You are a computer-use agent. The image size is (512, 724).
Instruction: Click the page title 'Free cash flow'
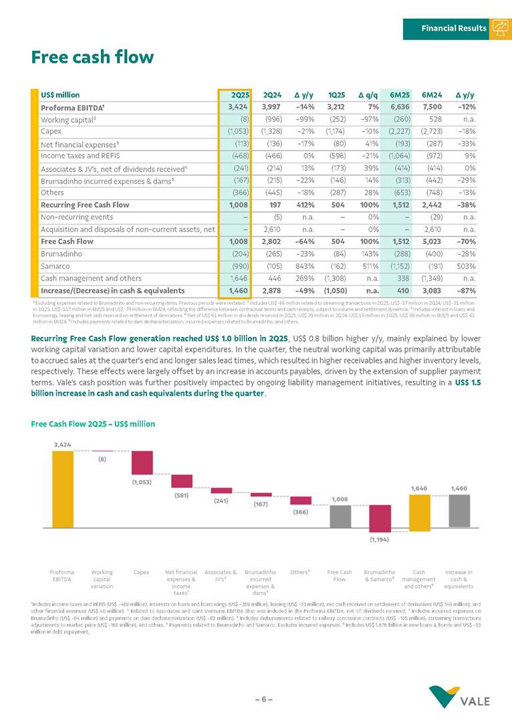(92, 57)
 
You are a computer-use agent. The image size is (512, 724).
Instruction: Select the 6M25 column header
(400, 95)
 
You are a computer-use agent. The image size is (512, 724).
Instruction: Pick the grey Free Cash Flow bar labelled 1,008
(340, 516)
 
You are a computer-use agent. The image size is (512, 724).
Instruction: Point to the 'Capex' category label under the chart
(141, 573)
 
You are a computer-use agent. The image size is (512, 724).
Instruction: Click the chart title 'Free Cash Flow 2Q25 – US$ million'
(93, 425)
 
